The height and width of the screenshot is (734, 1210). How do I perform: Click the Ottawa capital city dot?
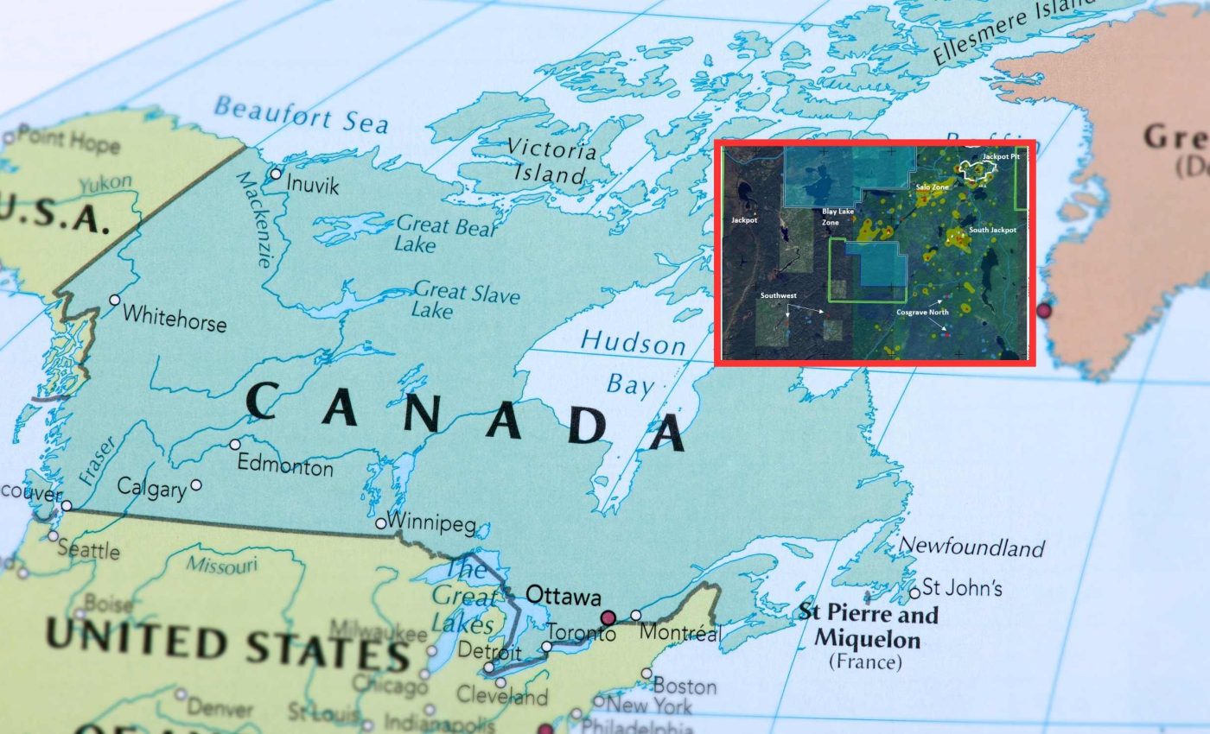[608, 617]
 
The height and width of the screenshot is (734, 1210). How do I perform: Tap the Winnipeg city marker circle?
[380, 523]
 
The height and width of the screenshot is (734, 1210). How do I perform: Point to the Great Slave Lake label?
[466, 299]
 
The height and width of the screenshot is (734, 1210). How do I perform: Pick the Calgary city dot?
[197, 485]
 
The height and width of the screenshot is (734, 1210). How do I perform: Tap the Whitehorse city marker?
[114, 300]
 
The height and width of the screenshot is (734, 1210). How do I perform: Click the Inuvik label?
[312, 185]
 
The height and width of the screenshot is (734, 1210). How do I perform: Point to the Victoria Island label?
[551, 160]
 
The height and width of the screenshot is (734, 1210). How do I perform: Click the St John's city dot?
[914, 592]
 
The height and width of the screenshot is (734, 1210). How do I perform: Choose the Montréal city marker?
[636, 616]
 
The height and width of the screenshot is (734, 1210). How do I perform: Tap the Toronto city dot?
[546, 646]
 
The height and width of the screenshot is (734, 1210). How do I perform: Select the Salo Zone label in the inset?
[933, 187]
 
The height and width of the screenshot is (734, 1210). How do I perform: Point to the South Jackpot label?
[992, 231]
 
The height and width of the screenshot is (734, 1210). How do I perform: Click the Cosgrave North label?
[922, 312]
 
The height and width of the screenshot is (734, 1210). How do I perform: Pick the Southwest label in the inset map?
[778, 295]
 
